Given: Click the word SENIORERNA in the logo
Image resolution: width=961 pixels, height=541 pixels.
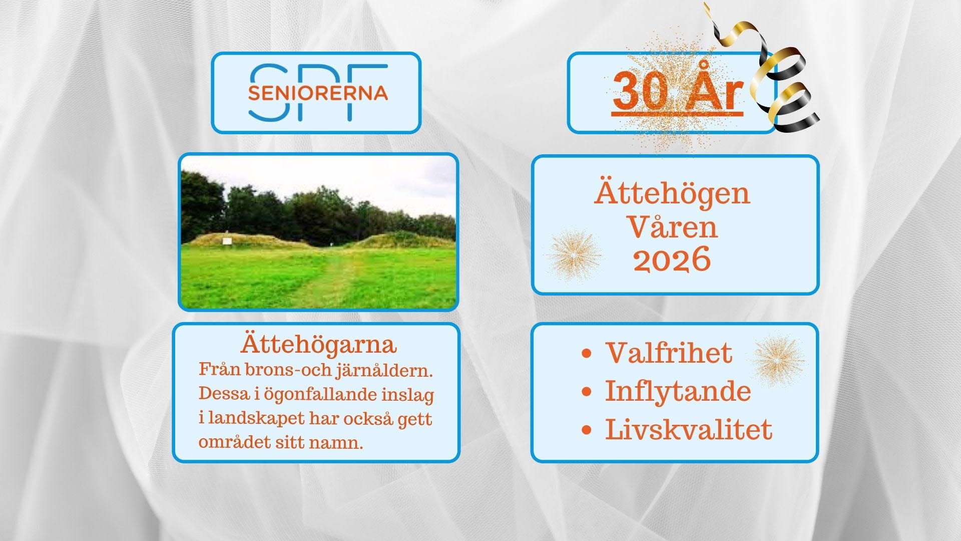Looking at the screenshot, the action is click(x=318, y=93).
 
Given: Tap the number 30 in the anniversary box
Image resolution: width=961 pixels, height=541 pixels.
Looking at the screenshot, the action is click(x=640, y=92).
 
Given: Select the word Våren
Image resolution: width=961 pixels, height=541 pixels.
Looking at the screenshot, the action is click(x=672, y=227).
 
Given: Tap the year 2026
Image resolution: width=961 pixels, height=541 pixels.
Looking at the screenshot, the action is click(x=672, y=260).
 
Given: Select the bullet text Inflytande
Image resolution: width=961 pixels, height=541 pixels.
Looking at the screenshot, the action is click(x=678, y=391).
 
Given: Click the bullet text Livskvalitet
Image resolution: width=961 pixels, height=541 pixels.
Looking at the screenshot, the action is click(x=689, y=429).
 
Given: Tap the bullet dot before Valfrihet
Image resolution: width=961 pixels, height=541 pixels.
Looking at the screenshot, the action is click(x=587, y=354).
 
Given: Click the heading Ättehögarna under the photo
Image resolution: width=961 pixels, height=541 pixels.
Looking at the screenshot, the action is click(x=319, y=345).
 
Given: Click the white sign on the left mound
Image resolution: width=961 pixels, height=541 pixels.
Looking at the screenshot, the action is click(x=227, y=241).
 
